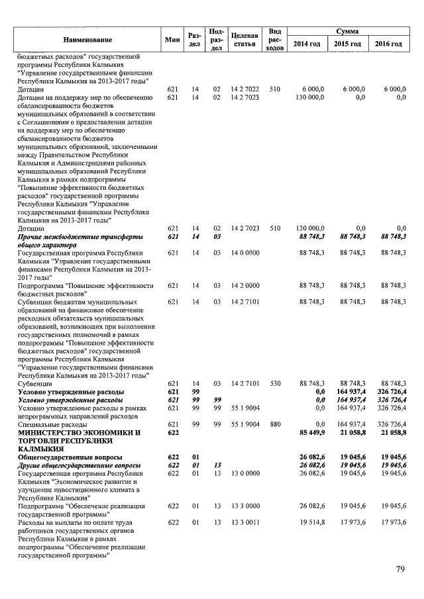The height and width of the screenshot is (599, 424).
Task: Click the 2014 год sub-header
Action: [x=307, y=44]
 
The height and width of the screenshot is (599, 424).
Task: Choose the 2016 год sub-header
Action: [x=389, y=44]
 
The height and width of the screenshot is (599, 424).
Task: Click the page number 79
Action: [x=399, y=569]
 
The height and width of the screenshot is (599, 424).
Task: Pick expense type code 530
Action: [x=274, y=383]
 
